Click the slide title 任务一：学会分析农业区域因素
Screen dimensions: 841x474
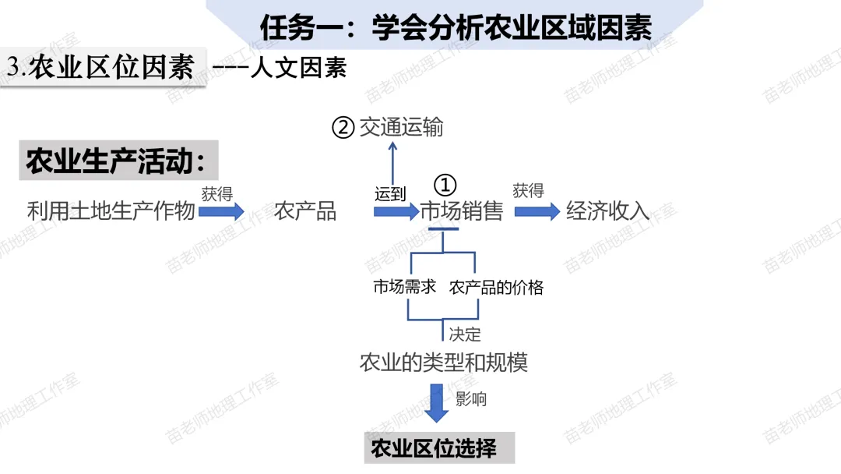[x=456, y=28]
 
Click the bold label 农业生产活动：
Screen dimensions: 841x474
[x=118, y=161]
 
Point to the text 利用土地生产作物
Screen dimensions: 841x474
[x=111, y=211]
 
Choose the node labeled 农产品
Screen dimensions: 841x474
[x=305, y=211]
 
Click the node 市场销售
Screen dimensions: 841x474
[x=462, y=211]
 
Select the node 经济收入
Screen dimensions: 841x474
[x=607, y=211]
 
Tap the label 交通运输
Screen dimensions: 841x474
[x=401, y=127]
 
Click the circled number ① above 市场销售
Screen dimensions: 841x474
[x=444, y=185]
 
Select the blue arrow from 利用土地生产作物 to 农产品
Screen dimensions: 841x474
[x=222, y=211]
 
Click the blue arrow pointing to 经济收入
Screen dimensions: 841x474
[x=537, y=211]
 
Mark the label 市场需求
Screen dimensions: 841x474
[x=404, y=287]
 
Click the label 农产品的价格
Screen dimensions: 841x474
[x=496, y=287]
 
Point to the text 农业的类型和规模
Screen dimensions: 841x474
[x=444, y=363]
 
